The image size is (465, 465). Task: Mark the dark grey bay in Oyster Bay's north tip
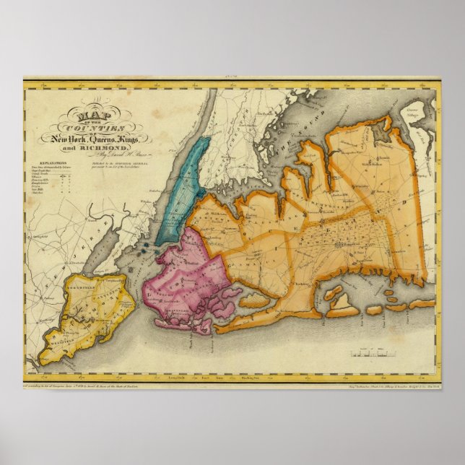coord(380,132)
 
